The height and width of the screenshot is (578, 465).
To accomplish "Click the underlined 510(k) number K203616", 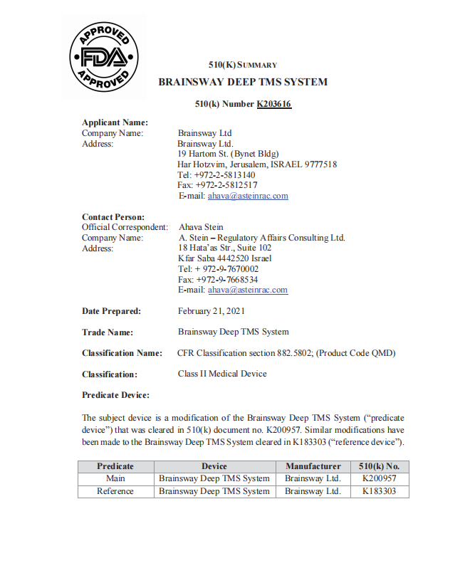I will coord(273,104).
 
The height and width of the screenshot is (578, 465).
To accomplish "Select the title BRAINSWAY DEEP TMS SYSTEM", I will coord(243,82).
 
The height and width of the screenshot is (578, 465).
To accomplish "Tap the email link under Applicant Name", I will coord(247,196).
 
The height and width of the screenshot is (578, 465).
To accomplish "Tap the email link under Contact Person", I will coord(247,290).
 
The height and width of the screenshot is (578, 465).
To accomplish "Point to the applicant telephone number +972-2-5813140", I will coord(216,174).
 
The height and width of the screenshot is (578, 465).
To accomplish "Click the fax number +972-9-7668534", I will coord(218,280).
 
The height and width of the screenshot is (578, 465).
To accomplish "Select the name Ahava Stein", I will coord(201,228).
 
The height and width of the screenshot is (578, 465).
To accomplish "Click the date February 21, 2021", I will coord(211,311).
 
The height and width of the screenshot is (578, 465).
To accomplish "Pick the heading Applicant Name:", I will coord(115,122).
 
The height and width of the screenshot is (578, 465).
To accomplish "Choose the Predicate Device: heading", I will coord(115,395).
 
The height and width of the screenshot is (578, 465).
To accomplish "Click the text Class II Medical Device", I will coord(222,374).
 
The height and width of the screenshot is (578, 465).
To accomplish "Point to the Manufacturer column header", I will coord(313,467).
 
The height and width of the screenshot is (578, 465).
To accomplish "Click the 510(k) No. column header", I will coord(380,467).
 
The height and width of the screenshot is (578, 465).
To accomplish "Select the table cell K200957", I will coord(380,479).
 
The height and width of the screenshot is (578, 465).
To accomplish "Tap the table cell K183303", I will coord(380,491).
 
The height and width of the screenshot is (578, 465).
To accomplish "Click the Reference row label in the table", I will coord(115,491).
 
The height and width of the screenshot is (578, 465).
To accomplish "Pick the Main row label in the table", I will coord(115,479).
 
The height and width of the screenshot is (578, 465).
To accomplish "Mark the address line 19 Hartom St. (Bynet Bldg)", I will coord(228,154).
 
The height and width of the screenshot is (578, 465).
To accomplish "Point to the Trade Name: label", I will coord(108,332).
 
